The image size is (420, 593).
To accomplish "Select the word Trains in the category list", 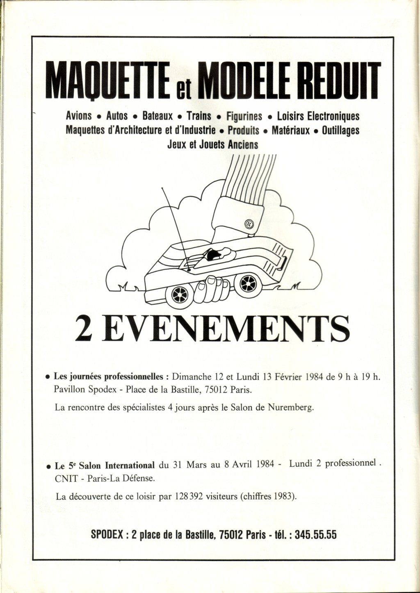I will pos(199,116).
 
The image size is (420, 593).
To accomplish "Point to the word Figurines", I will pos(244,116).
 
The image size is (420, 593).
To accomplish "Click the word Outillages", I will pos(341,130).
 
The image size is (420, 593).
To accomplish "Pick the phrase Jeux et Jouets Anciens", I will pos(213,145).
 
